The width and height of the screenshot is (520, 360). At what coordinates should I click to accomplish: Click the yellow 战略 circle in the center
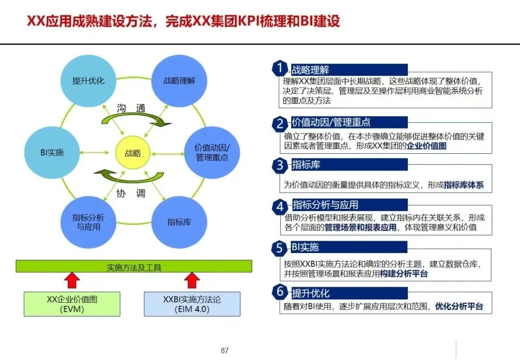tap(133, 153)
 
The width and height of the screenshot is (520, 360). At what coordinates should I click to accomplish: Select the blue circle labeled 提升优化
tap(88, 80)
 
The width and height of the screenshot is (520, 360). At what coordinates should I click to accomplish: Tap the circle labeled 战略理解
tap(179, 80)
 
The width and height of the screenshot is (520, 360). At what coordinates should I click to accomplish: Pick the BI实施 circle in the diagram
tap(52, 153)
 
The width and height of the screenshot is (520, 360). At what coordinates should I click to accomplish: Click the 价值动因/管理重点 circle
tap(212, 152)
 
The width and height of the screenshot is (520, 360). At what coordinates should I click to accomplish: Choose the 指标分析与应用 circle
tap(88, 222)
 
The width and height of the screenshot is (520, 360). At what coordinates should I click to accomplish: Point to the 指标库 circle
tap(179, 222)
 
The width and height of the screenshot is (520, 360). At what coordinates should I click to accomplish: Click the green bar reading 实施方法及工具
tap(134, 267)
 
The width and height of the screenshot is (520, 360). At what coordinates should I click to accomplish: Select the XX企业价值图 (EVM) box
tap(72, 304)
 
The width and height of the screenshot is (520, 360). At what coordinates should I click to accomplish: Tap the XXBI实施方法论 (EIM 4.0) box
tap(192, 304)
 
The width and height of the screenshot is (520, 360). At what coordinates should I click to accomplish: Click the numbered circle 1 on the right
tap(280, 68)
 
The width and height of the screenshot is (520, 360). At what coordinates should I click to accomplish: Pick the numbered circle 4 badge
tap(280, 207)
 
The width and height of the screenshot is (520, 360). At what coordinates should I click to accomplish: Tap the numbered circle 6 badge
tap(280, 292)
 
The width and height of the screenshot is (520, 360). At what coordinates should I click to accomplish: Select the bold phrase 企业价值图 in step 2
tap(427, 146)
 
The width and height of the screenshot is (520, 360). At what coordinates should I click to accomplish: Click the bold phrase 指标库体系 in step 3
tap(464, 185)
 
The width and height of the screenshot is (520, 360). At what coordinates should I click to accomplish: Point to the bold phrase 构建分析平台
tap(403, 274)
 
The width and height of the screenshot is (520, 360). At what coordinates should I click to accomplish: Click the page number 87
tap(224, 350)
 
